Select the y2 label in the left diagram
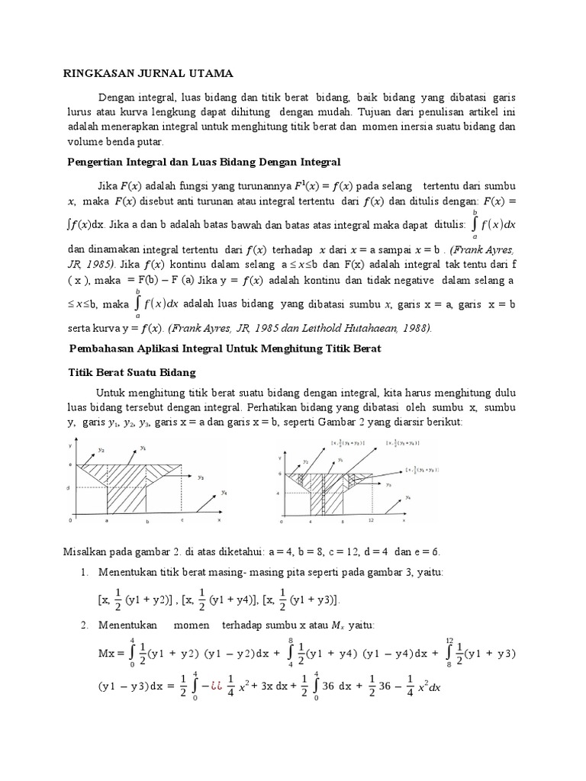pyautogui.click(x=101, y=450)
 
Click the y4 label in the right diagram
pyautogui.click(x=409, y=497)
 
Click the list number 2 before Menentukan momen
pyautogui.click(x=85, y=625)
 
